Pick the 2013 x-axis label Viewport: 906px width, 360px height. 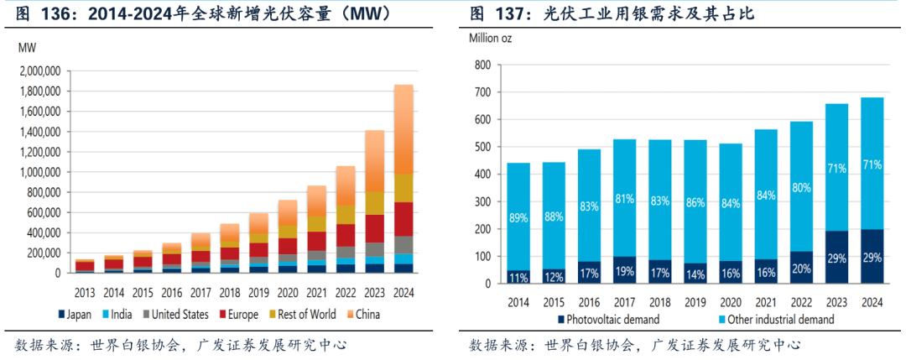click(85, 293)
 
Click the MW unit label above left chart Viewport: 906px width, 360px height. click(27, 49)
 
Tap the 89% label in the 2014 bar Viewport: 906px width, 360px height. click(518, 219)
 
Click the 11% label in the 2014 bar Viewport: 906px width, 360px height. click(518, 277)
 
